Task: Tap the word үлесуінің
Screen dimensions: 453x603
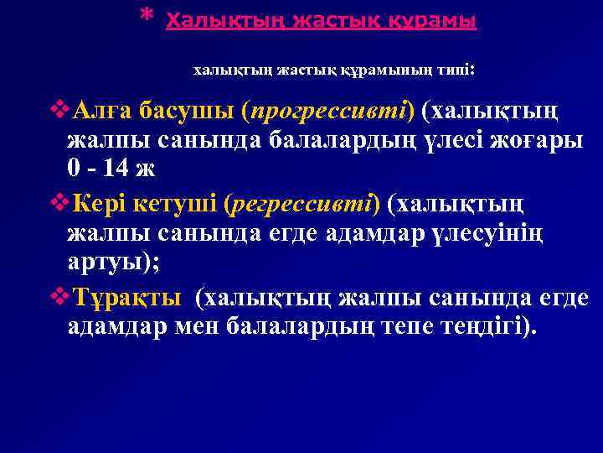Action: click(491, 233)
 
